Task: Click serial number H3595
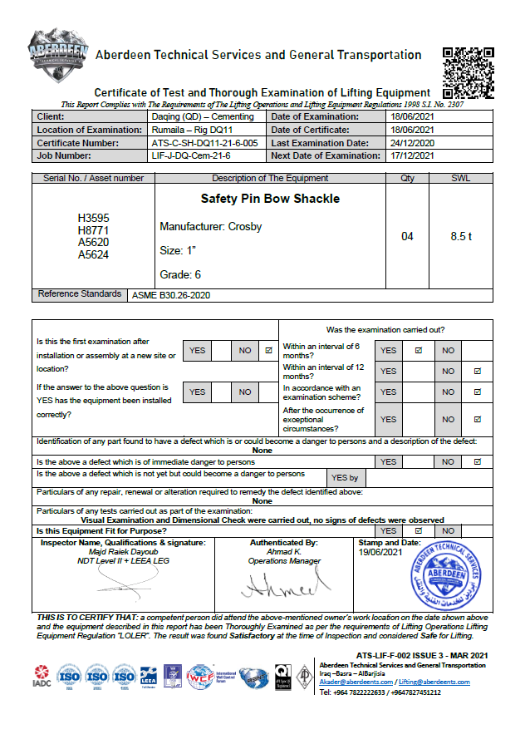(93, 219)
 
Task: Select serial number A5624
(93, 255)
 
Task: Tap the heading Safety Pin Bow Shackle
(270, 200)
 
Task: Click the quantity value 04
(407, 237)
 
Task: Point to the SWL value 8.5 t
(461, 237)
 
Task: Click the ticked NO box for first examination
(268, 351)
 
